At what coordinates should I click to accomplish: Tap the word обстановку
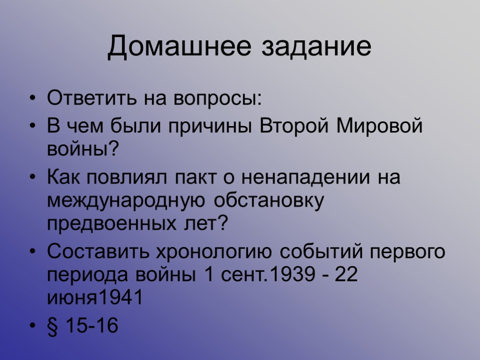coord(269,202)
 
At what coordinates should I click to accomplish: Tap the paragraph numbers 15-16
coord(92,326)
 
